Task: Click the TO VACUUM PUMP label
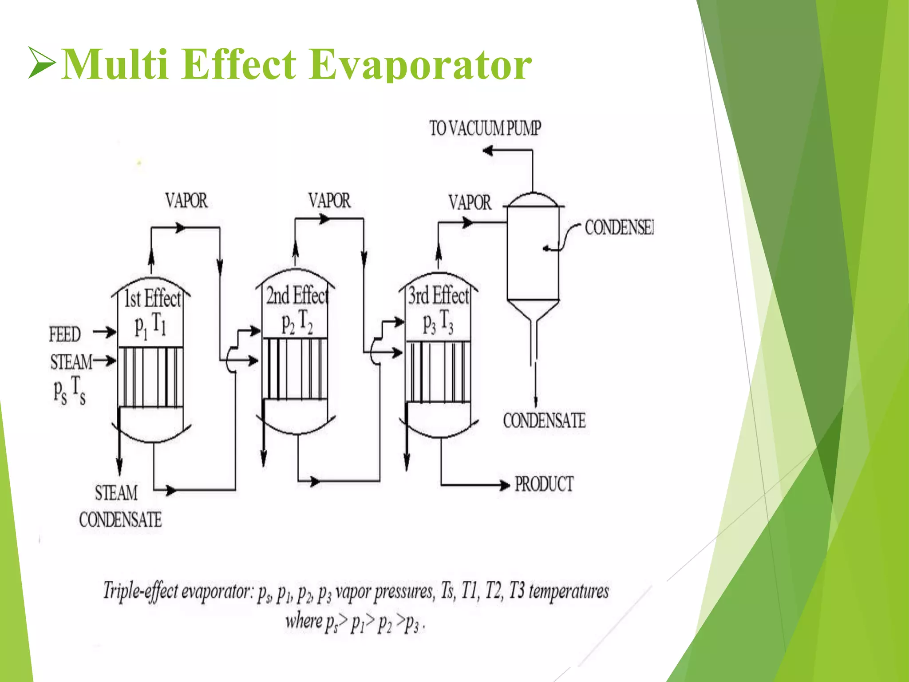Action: pyautogui.click(x=485, y=128)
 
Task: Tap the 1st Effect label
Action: pyautogui.click(x=152, y=298)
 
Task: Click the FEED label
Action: pyautogui.click(x=65, y=334)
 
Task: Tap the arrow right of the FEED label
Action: pyautogui.click(x=105, y=332)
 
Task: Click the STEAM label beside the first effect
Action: pyautogui.click(x=71, y=362)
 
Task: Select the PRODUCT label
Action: pyautogui.click(x=544, y=484)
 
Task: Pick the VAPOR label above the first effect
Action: pyautogui.click(x=186, y=201)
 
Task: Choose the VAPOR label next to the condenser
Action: pyautogui.click(x=470, y=203)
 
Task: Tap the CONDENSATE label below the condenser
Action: pyautogui.click(x=544, y=420)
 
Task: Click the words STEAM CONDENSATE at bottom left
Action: pyautogui.click(x=120, y=506)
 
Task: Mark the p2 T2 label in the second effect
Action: pyautogui.click(x=297, y=322)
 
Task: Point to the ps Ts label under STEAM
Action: pyautogui.click(x=69, y=390)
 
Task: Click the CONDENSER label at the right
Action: pyautogui.click(x=619, y=227)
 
